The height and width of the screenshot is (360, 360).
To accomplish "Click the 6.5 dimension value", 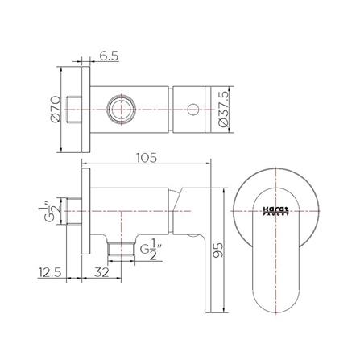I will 110,58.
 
